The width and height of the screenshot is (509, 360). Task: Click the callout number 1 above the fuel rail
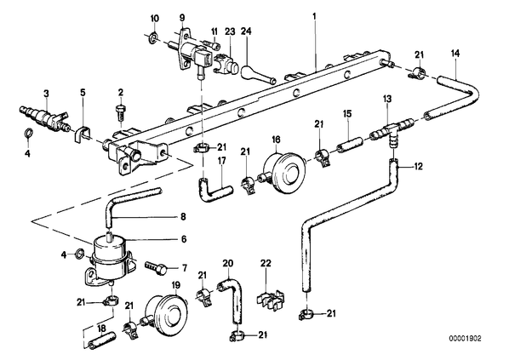click(x=314, y=16)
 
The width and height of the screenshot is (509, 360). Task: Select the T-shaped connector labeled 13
click(x=392, y=130)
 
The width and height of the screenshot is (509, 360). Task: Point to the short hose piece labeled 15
click(x=349, y=145)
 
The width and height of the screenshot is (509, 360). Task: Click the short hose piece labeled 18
click(x=101, y=340)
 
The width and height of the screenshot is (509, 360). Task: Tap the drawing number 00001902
click(x=466, y=339)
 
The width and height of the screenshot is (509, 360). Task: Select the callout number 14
click(x=455, y=54)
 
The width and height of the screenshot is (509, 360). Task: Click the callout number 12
click(x=418, y=167)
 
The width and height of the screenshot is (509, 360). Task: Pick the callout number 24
click(x=246, y=31)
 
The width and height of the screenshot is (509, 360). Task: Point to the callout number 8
click(x=183, y=216)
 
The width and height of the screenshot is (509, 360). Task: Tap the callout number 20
click(x=228, y=263)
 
